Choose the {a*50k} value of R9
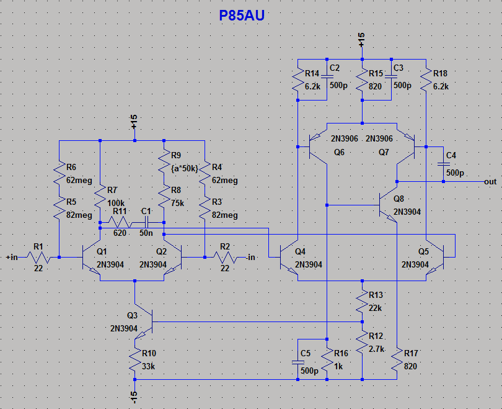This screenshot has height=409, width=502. click(x=184, y=168)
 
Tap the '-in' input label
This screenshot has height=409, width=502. click(x=250, y=256)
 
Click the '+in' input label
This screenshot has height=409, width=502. click(x=12, y=256)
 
